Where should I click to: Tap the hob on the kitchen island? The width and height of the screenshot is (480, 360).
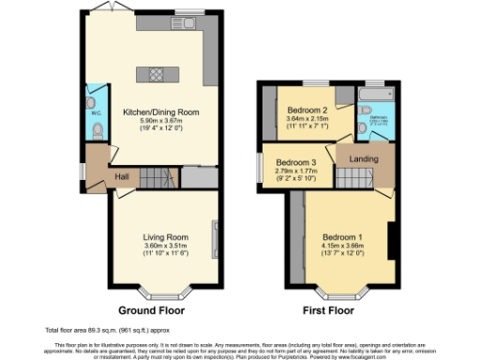[x=151, y=74]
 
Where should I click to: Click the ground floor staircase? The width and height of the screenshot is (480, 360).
[x=158, y=175]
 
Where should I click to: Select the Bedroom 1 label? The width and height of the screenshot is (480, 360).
[x=341, y=235]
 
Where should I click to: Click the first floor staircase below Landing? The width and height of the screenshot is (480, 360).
[x=363, y=176]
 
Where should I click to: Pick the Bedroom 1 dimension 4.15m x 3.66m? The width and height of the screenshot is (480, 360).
[x=341, y=244]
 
